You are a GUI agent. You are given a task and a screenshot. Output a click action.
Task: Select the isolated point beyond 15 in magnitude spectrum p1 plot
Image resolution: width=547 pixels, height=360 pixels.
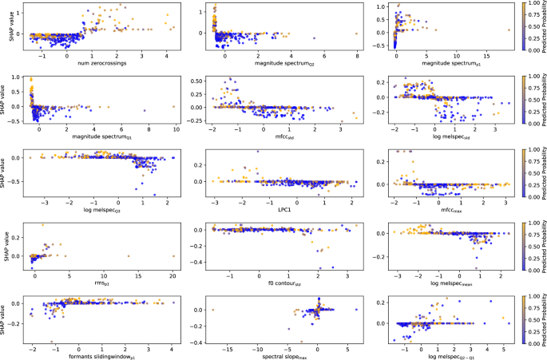pyautogui.click(x=509, y=30)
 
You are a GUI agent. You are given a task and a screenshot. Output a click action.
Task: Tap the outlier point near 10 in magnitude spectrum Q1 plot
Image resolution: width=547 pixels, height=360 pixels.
pyautogui.click(x=173, y=107)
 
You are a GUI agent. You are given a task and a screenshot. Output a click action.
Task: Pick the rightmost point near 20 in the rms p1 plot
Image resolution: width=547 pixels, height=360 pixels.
pyautogui.click(x=173, y=256)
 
